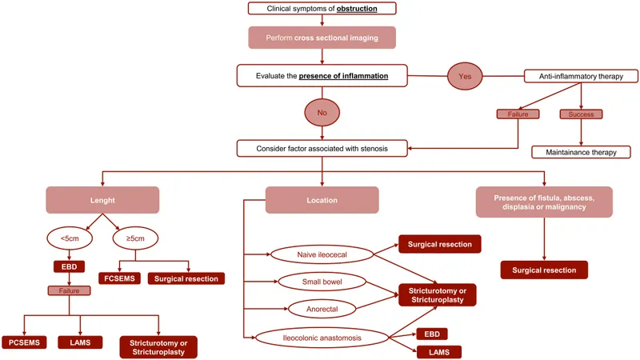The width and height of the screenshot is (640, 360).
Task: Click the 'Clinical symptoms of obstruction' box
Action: (323, 10)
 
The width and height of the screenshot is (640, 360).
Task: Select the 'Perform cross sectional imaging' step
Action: (323, 38)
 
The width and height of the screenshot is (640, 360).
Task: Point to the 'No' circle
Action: (322, 113)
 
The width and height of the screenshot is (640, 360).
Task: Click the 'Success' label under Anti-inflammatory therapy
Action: (581, 114)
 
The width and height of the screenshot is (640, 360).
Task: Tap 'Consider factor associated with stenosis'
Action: (322, 148)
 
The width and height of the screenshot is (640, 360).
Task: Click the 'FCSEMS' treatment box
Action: (117, 278)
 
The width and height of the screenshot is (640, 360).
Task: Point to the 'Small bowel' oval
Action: (322, 282)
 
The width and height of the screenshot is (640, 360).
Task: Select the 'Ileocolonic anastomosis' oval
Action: (322, 338)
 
